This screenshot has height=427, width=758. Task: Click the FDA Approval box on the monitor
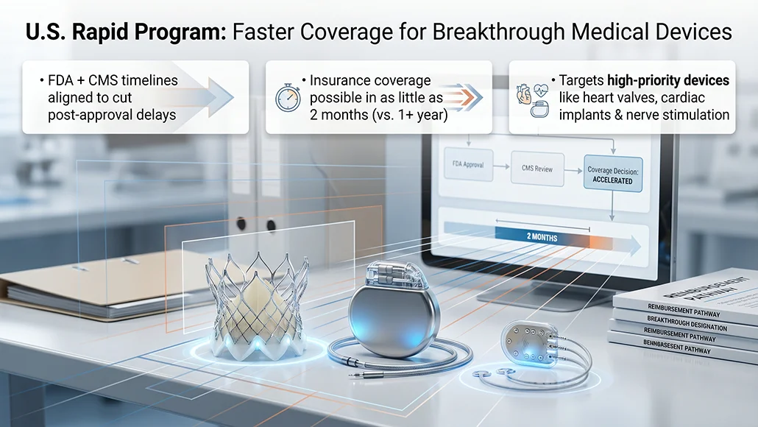465,166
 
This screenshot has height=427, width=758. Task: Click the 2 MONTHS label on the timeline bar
542,239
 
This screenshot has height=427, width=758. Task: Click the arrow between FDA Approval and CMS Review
500,166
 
